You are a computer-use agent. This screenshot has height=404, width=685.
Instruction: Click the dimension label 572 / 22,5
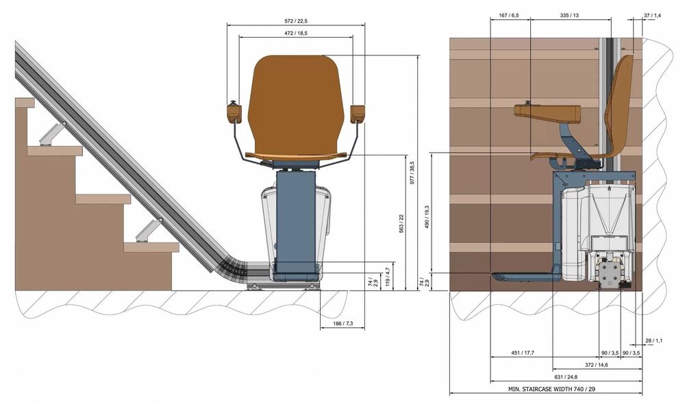[296, 21]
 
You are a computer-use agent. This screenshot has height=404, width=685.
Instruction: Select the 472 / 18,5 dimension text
[296, 33]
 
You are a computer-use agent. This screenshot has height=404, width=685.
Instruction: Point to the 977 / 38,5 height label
[412, 173]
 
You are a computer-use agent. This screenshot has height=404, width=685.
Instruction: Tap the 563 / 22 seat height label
[401, 223]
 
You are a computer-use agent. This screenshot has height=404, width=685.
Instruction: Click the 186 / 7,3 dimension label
[342, 324]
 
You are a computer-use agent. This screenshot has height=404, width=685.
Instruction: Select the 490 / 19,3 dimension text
[427, 217]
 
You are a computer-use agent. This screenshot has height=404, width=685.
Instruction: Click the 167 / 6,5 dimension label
[509, 15]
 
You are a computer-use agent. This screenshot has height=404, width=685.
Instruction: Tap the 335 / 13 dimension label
[569, 15]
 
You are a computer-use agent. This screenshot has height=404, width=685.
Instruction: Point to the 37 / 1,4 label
[652, 15]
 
